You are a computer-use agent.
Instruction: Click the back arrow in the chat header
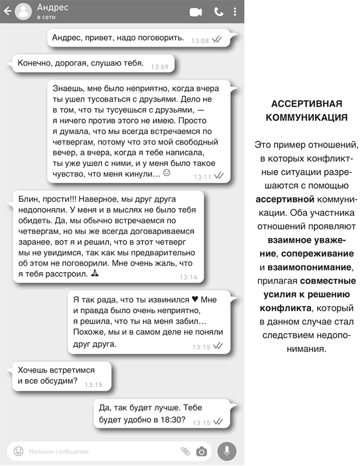point(7,11)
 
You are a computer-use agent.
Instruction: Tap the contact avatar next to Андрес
point(23,11)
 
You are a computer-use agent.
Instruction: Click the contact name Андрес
point(52,7)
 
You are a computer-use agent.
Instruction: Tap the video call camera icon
point(196,12)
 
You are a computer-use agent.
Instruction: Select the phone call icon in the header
point(219,12)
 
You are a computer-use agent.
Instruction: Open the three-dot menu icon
point(235,11)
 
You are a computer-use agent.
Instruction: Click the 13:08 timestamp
point(200,40)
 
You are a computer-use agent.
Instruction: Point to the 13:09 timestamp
point(160,66)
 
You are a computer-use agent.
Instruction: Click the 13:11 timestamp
point(203,177)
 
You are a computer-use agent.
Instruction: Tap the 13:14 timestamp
point(189,277)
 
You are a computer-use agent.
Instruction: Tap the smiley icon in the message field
point(19,451)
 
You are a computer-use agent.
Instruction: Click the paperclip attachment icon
point(185,451)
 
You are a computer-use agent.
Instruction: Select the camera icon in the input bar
point(201,451)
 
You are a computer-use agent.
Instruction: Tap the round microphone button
point(226,451)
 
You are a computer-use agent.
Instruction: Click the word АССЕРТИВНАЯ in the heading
point(306,102)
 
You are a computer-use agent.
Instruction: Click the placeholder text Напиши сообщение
point(59,452)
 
